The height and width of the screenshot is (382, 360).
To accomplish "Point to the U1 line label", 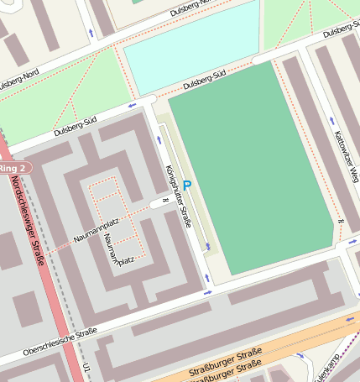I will click(x=87, y=370).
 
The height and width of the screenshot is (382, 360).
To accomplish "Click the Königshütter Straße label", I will click(x=178, y=197).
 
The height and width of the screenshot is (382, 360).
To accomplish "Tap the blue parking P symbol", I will click(x=187, y=185).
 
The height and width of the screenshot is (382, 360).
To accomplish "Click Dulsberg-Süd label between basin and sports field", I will click(x=205, y=81).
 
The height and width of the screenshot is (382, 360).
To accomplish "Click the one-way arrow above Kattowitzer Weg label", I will click(x=331, y=121).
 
